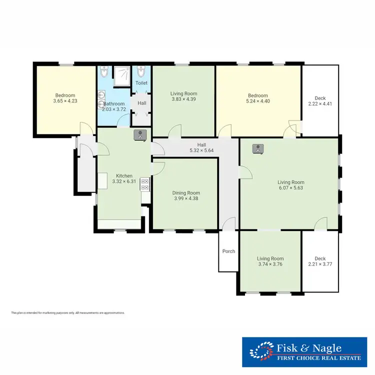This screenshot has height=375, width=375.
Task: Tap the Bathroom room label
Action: click(114, 106)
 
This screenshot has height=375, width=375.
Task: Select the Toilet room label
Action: click(141, 83)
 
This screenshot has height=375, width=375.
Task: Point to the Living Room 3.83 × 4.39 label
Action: click(183, 96)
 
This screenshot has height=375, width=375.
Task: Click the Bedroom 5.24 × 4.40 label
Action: click(258, 98)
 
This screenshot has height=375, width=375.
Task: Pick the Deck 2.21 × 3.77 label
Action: click(320, 261)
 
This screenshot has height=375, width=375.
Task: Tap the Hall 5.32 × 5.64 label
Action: click(201, 147)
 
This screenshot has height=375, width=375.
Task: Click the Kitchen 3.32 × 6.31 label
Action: click(124, 178)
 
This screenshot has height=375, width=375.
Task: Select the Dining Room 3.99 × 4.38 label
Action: click(186, 195)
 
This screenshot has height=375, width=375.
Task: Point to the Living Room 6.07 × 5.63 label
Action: click(291, 185)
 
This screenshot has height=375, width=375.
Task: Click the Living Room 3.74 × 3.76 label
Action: click(270, 261)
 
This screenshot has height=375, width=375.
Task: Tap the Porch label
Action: click(228, 251)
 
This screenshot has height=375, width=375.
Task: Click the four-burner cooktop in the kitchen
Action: click(145, 184)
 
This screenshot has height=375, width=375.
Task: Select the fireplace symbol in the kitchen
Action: click(140, 134)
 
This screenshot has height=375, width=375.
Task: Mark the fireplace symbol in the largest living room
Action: click(258, 148)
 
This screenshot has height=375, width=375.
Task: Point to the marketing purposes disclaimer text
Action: click(67, 313)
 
